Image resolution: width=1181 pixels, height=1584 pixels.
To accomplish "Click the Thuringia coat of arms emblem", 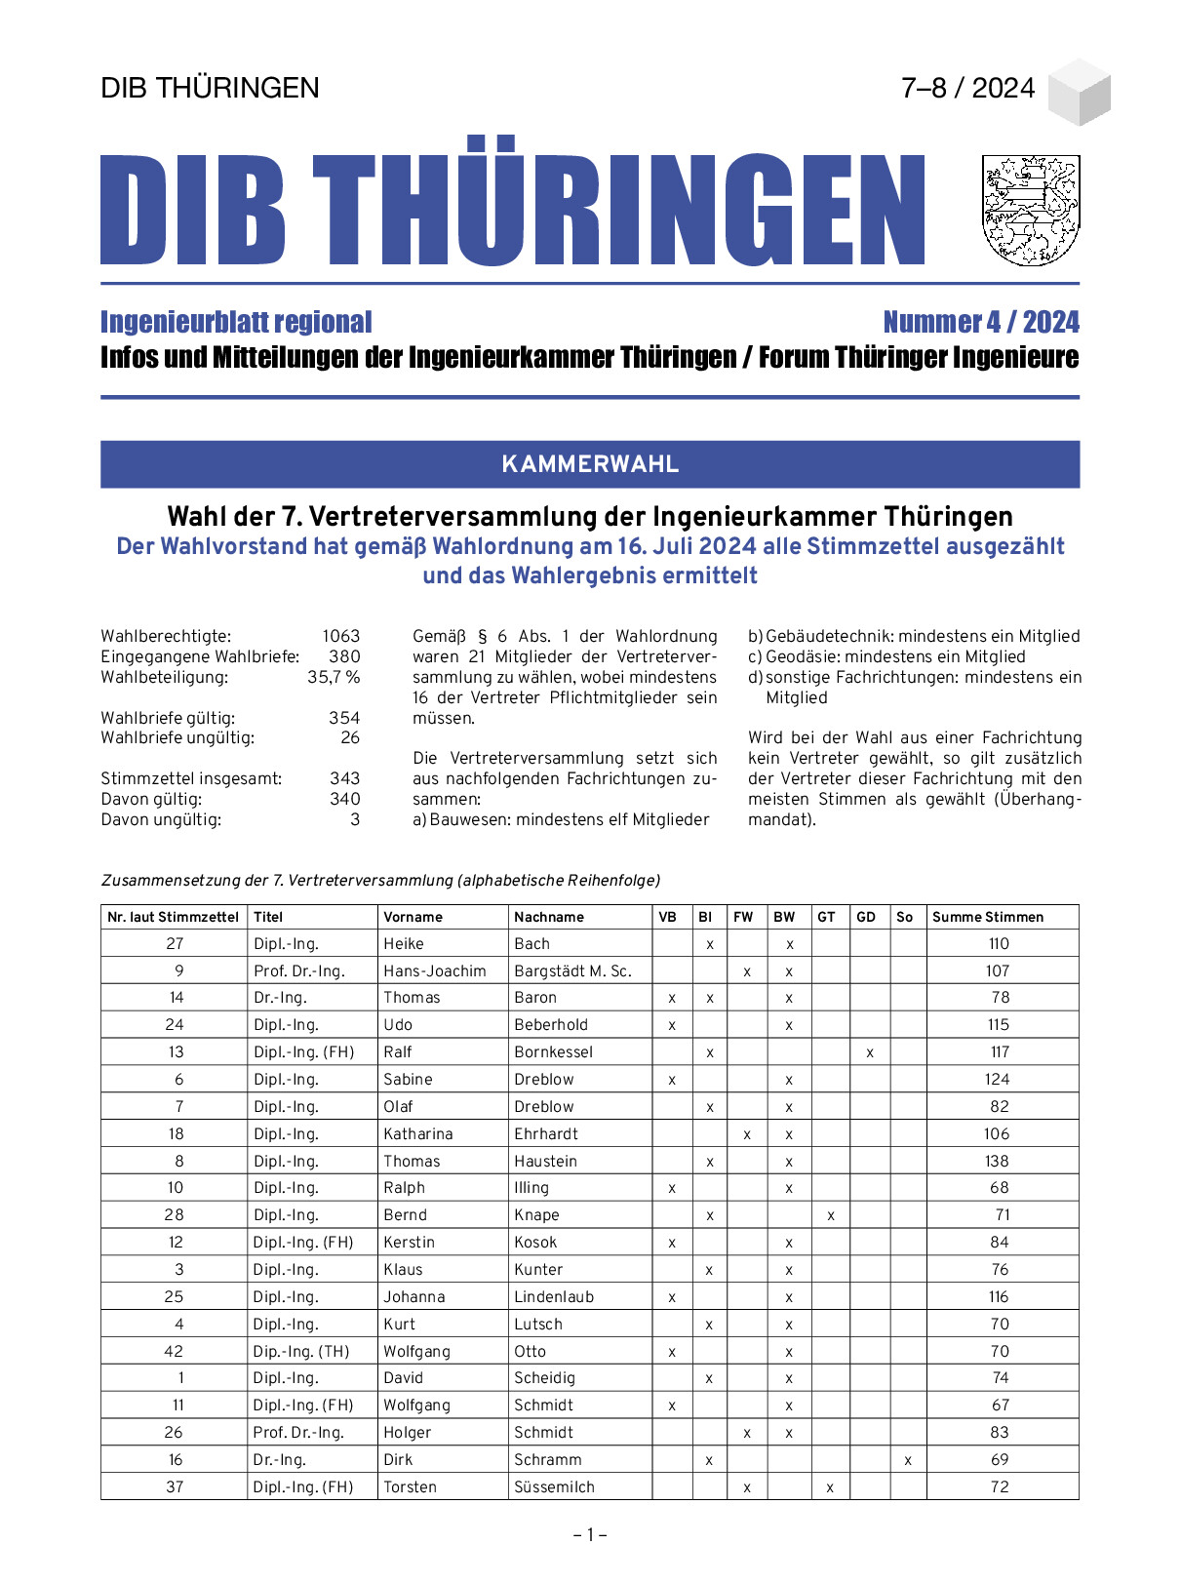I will [x=1031, y=210].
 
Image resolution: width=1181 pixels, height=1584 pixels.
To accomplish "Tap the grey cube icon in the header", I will [x=1080, y=92].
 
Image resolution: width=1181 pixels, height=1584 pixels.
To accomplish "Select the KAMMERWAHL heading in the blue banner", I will [x=590, y=464].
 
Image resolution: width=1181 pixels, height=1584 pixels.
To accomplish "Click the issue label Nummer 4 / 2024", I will [x=980, y=322].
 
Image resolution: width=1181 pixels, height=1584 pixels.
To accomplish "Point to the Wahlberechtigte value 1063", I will [x=341, y=636].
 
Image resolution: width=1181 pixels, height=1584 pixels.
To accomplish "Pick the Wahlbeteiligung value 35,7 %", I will [x=334, y=677].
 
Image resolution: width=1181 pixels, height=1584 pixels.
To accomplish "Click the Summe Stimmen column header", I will [x=987, y=917].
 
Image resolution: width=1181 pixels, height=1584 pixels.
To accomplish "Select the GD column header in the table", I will [x=866, y=917].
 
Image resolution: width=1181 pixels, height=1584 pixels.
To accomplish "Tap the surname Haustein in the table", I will [x=545, y=1161].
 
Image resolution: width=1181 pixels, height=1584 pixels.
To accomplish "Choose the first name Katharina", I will [x=417, y=1133].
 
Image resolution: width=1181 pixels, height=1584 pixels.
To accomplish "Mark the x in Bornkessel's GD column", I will [x=869, y=1052].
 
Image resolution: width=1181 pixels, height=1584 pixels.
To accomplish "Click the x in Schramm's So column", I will [x=908, y=1460].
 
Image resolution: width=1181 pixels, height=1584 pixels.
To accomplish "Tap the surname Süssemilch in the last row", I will [x=554, y=1486].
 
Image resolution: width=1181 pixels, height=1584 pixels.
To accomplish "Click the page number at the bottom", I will [x=590, y=1534].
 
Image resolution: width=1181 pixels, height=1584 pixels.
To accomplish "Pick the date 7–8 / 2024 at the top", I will [x=967, y=88].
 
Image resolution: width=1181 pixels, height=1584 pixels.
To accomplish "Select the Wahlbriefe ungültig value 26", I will [x=350, y=737].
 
